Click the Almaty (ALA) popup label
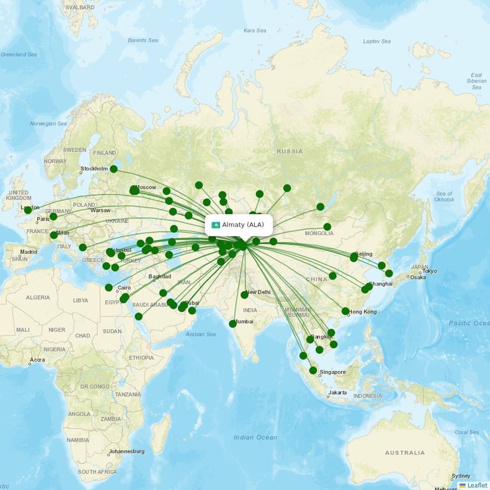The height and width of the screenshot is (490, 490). point(243,225)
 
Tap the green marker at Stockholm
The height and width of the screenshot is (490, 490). point(113,169)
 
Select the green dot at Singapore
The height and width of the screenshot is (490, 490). point(313,370)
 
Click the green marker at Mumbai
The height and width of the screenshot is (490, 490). point(232,323)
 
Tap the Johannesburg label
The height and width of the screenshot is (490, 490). point(126,451)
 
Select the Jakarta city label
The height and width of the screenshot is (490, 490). point(338,393)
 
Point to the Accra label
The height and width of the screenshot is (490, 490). point(37,360)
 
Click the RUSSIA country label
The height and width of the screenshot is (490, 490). point(289,151)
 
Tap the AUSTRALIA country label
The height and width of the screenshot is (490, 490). point(404,453)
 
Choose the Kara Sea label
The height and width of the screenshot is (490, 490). point(255,30)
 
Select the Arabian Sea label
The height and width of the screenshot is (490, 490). point(202,334)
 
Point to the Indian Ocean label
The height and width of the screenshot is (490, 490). point(255,437)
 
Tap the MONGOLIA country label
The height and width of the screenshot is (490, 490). point(319,233)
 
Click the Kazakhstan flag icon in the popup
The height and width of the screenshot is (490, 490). point(216,225)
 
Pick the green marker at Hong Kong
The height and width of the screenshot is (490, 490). point(345,311)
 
